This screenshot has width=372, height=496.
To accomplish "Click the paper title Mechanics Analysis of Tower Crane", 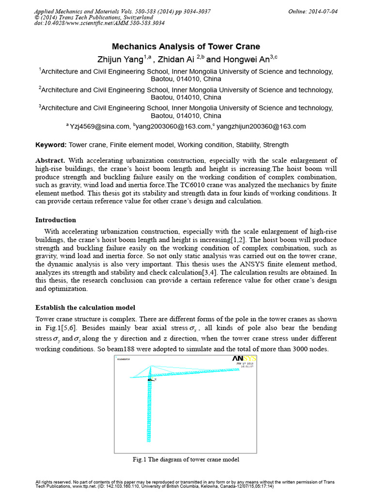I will (186, 46).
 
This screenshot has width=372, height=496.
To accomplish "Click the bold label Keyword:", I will (51, 144).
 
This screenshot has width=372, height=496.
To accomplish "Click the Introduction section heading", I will (56, 220).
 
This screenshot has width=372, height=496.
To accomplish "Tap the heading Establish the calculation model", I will (85, 308).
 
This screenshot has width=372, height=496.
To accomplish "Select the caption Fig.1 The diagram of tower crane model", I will (186, 459).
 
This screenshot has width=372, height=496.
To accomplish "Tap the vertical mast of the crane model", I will (149, 412).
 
